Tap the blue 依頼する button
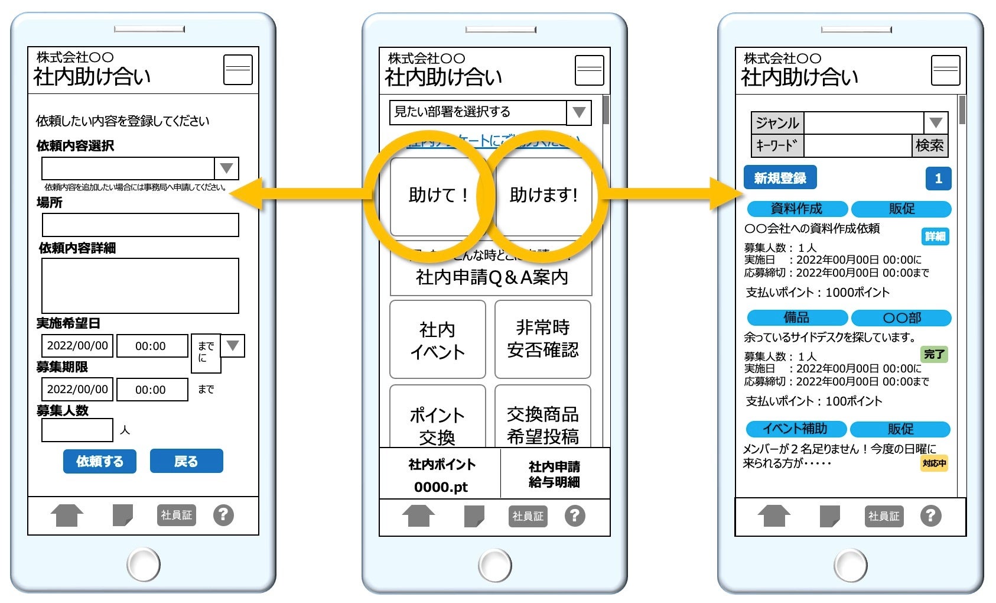(x=99, y=461)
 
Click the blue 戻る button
(x=186, y=461)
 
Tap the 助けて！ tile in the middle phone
(x=437, y=196)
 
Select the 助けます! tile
(x=543, y=196)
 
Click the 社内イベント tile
(x=437, y=340)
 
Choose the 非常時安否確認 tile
(x=542, y=339)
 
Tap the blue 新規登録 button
(x=780, y=178)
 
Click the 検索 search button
(x=929, y=145)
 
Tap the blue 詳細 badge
(x=935, y=236)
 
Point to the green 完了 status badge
(x=934, y=355)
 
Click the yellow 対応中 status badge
(x=934, y=463)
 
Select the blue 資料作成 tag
(x=797, y=209)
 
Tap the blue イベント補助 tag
(x=795, y=429)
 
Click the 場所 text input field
(x=140, y=225)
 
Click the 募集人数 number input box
(x=77, y=430)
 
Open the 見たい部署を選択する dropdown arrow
(x=579, y=112)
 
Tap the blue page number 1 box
(x=938, y=179)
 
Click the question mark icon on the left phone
(x=223, y=515)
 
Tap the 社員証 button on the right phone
(x=884, y=516)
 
